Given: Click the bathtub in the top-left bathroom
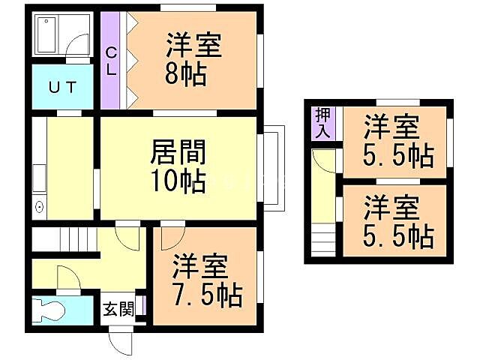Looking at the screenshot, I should (x=47, y=34).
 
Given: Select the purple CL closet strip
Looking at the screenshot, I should (x=109, y=59).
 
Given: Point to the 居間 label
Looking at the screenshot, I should (x=179, y=152).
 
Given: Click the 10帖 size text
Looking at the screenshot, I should (x=179, y=181).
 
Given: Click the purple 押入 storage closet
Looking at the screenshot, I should (x=322, y=123).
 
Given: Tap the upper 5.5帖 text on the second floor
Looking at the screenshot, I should (x=398, y=155).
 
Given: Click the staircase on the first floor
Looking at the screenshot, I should (x=64, y=241).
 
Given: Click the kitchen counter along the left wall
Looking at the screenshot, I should (x=39, y=169).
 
